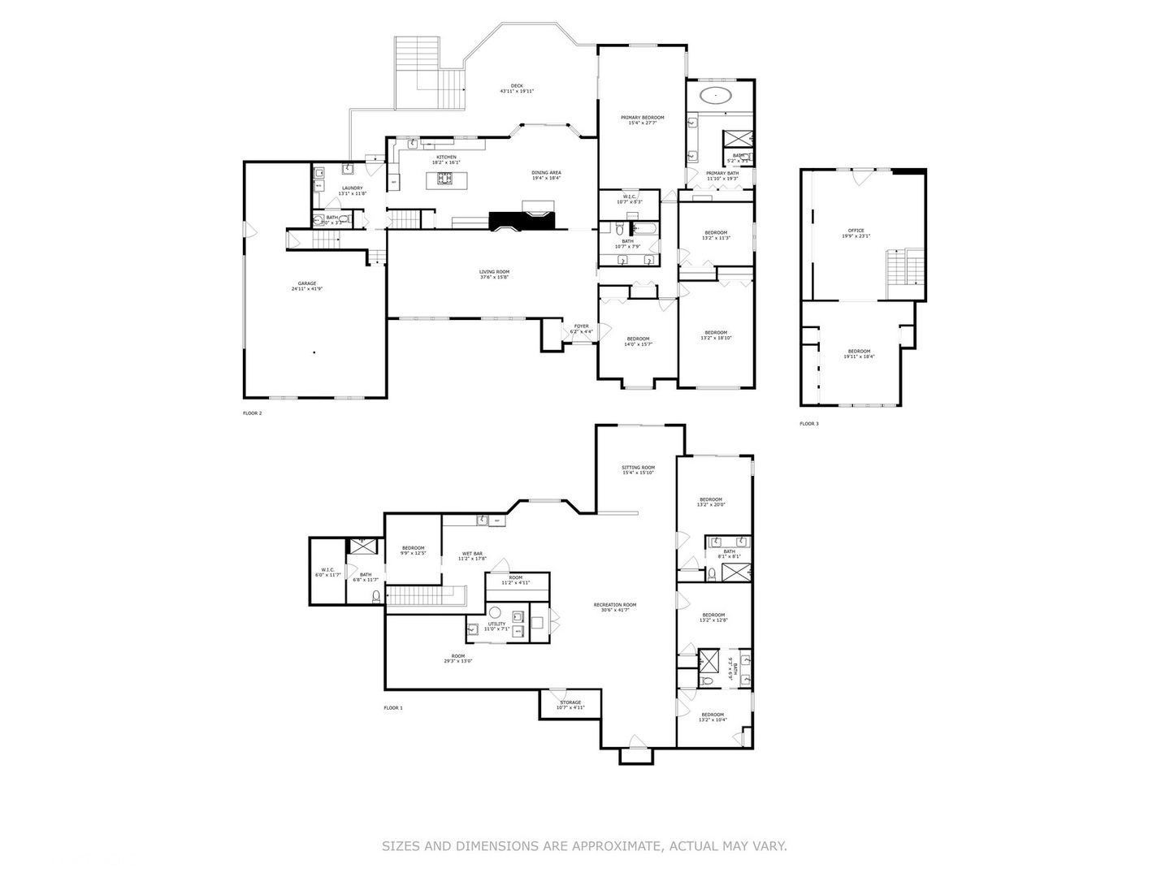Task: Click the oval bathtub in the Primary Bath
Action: [x=716, y=96]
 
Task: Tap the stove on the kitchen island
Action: [x=445, y=178]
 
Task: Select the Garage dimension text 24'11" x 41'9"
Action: [x=307, y=289]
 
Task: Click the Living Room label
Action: [x=494, y=272]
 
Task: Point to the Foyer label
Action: [x=581, y=326]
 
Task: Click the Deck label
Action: [x=517, y=86]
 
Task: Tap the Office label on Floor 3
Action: [x=856, y=231]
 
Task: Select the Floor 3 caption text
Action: [x=809, y=424]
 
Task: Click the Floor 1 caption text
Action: [x=393, y=708]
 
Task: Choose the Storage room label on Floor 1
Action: [x=570, y=702]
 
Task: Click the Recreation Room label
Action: [x=614, y=605]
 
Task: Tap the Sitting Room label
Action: [x=638, y=468]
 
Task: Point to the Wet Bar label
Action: [x=472, y=554]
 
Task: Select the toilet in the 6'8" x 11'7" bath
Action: [x=376, y=597]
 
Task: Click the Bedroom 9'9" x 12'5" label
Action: [x=413, y=548]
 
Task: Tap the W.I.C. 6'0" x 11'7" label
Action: [x=327, y=570]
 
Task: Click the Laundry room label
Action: [x=353, y=188]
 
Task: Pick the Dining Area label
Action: [x=546, y=172]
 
